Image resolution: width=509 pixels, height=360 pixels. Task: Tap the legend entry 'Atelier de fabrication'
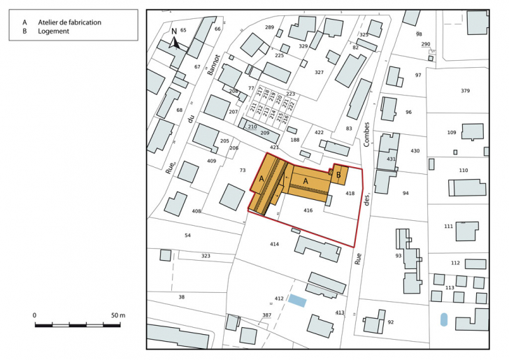click(x=69, y=22)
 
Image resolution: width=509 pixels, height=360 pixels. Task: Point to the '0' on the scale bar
click(x=34, y=315)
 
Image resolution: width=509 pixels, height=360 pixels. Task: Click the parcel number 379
click(x=465, y=92)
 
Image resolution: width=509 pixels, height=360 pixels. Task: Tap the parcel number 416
click(x=308, y=210)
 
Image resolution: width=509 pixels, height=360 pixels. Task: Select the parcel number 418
click(x=350, y=194)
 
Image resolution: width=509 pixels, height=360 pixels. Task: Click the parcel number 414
click(x=274, y=244)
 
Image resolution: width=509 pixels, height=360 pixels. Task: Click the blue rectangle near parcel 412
click(x=298, y=301)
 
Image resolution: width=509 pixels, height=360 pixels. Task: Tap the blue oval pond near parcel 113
click(x=444, y=320)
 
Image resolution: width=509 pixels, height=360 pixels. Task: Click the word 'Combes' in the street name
click(x=365, y=131)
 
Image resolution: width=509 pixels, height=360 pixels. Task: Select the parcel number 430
click(x=415, y=151)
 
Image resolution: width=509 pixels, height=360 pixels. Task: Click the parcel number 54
click(x=187, y=236)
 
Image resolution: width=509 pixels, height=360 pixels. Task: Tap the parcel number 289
click(x=269, y=27)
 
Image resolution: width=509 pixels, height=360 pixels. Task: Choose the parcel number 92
click(x=391, y=322)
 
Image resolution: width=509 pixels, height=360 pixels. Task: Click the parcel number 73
click(x=243, y=170)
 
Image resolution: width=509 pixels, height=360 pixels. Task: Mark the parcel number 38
click(x=181, y=297)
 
